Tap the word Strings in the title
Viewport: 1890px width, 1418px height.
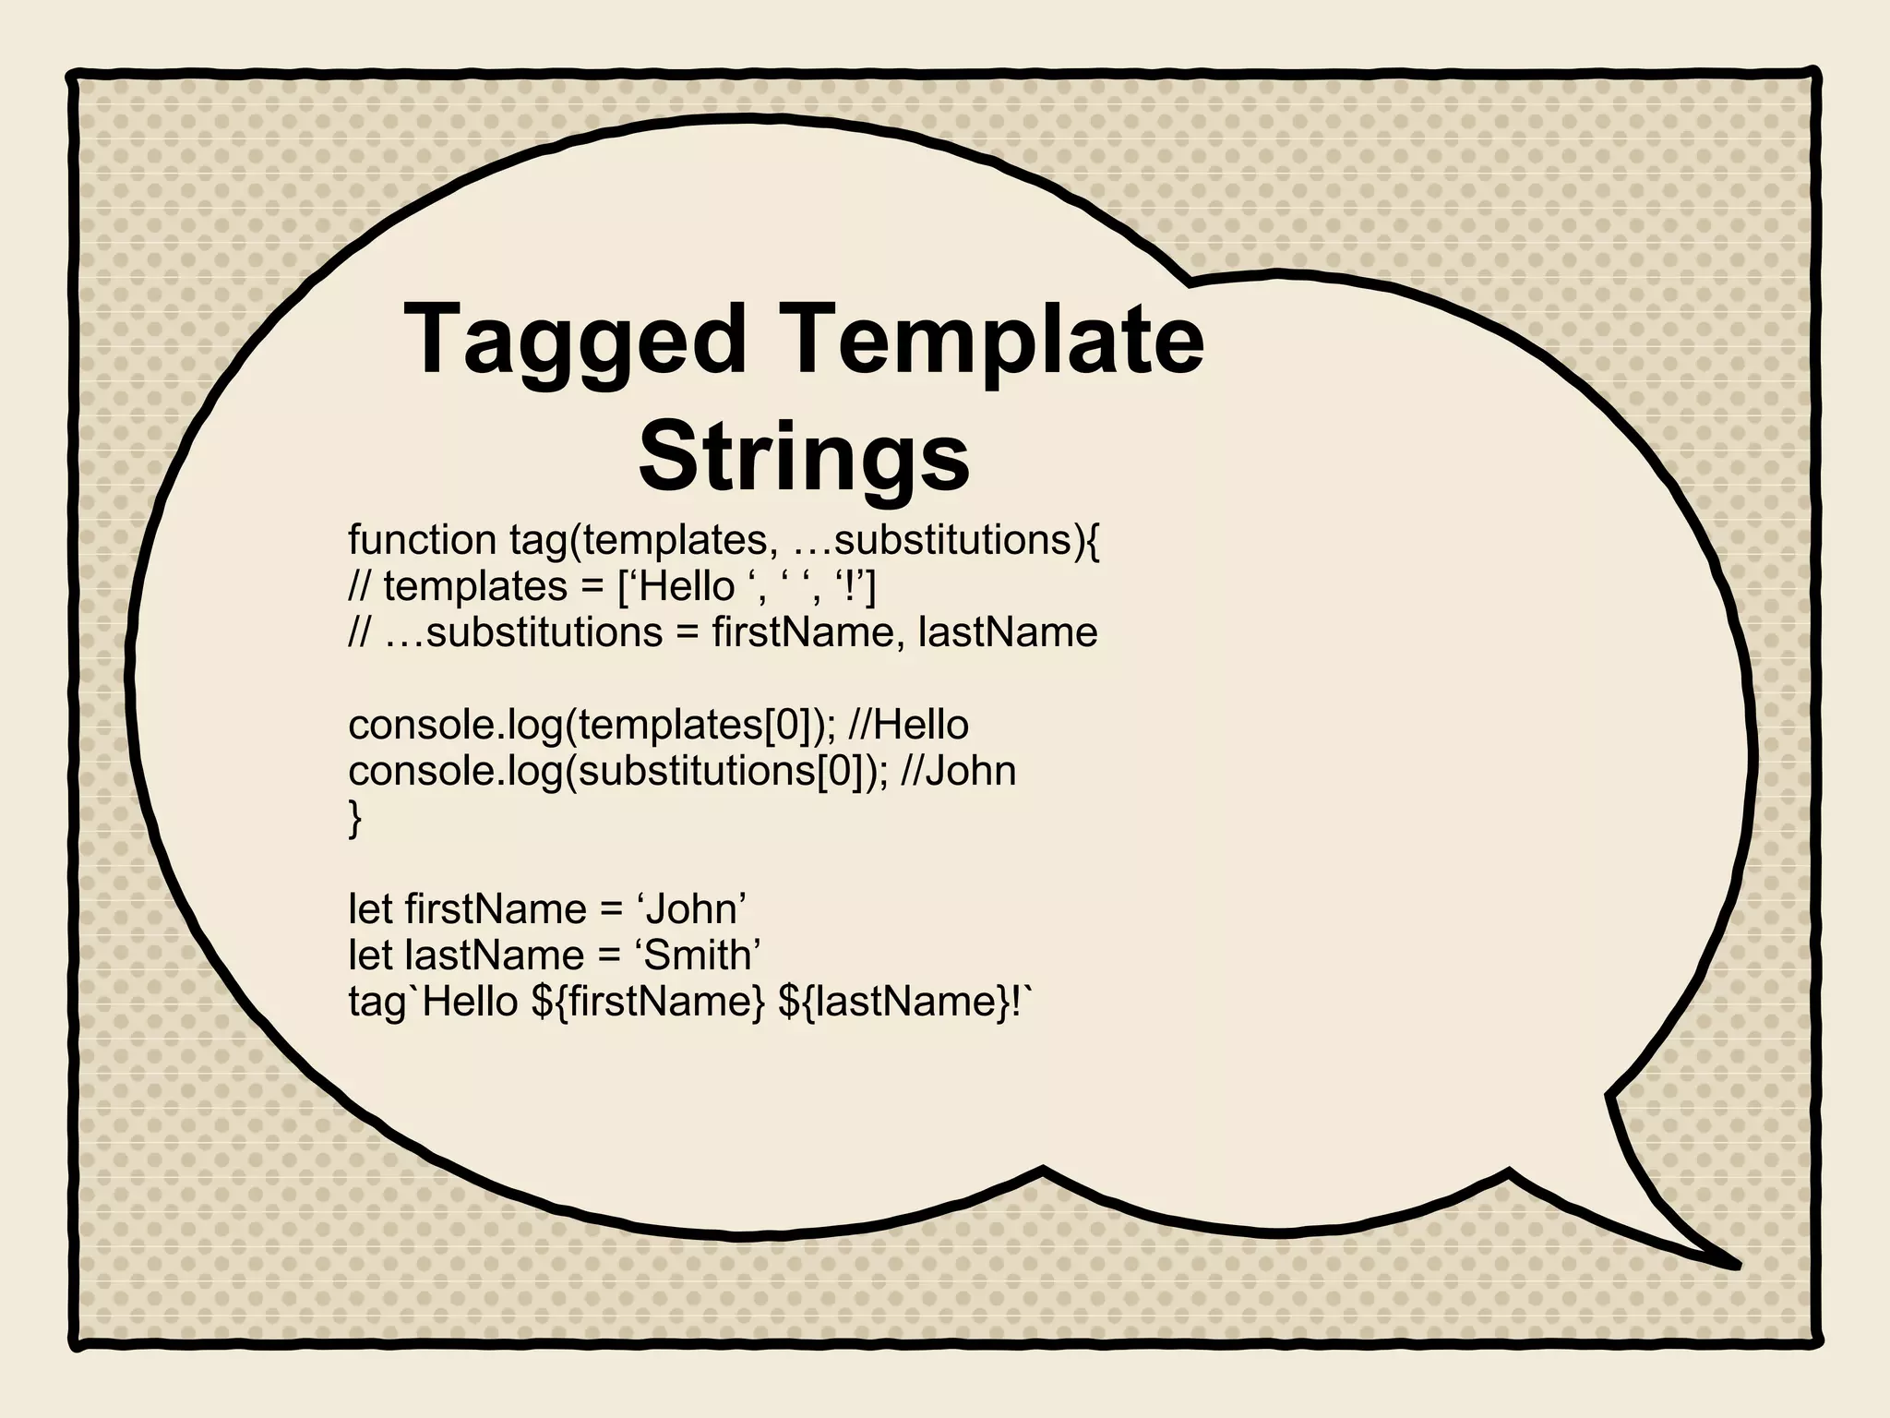804,458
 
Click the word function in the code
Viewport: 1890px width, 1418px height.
422,540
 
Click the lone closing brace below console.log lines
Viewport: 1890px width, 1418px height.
355,819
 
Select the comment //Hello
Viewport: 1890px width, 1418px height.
908,726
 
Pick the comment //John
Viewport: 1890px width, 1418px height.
958,772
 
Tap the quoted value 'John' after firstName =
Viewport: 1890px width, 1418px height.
691,910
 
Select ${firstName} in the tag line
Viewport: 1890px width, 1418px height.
649,1003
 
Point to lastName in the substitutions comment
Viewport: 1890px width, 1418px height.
1008,633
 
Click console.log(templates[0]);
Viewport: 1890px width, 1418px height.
592,726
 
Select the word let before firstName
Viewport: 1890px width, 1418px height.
371,910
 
